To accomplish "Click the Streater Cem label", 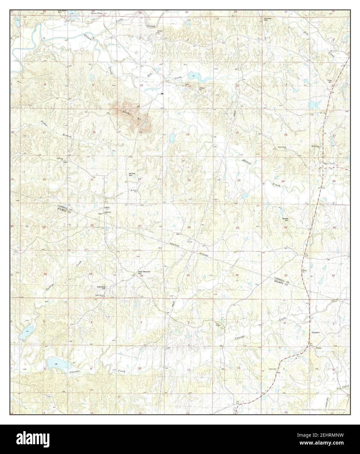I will coord(287,219).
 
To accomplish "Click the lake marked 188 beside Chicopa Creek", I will coord(56,363).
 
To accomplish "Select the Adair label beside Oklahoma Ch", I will coord(106,208).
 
